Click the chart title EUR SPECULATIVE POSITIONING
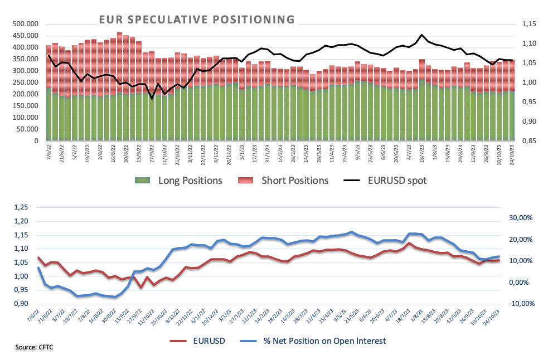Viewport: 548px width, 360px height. click(x=197, y=20)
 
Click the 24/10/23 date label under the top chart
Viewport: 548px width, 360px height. click(x=510, y=153)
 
